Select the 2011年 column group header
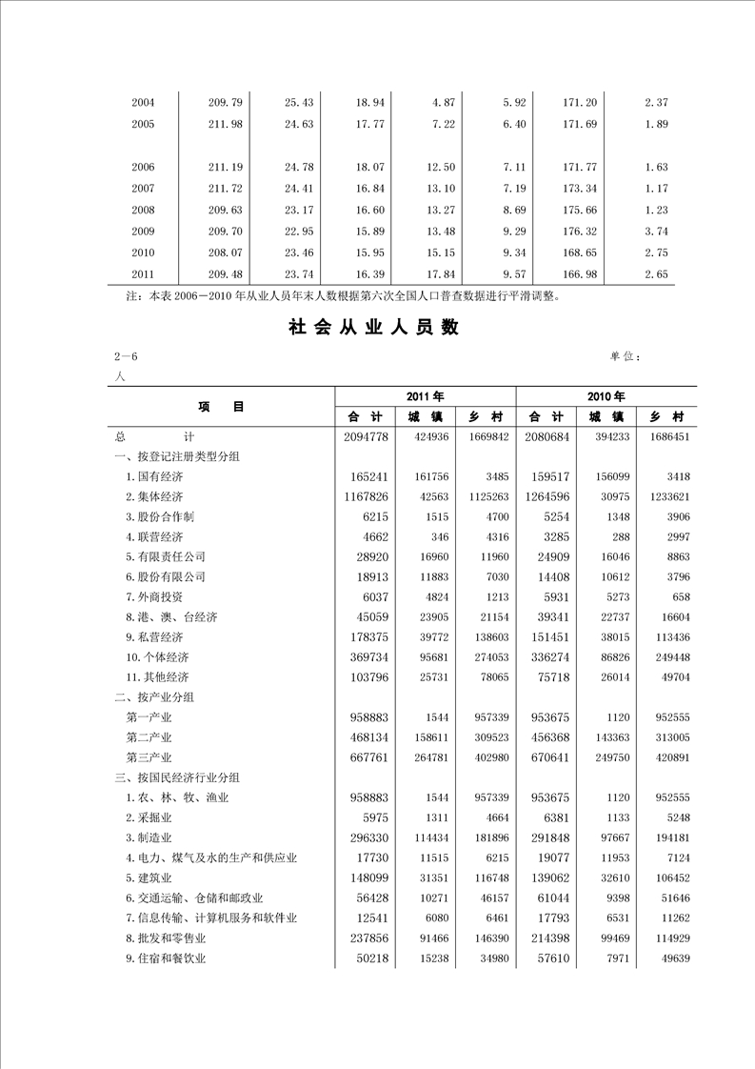point(425,396)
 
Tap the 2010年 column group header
point(606,396)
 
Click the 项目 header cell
point(221,406)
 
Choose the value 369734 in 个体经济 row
point(368,657)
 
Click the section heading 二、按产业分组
point(151,697)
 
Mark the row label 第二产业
point(149,737)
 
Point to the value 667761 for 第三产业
point(368,757)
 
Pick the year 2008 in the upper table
point(143,210)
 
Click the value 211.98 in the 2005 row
point(225,124)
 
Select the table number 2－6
point(126,356)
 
